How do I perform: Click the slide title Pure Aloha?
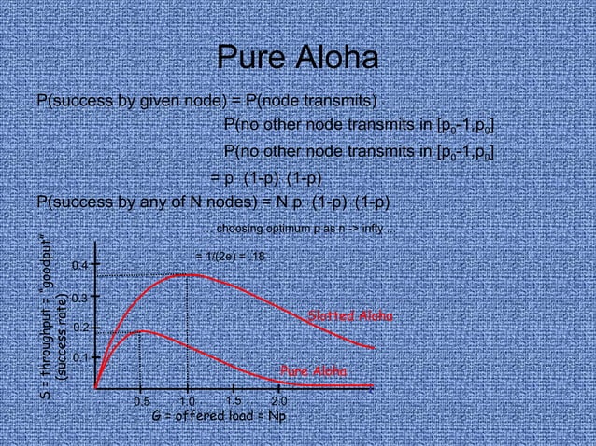tap(297, 59)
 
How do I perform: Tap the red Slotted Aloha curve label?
tap(350, 317)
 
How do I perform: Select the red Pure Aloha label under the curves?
tap(314, 371)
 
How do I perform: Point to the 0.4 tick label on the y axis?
tap(80, 267)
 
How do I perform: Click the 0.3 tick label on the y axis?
tap(80, 298)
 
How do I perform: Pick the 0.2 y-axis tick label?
tap(80, 328)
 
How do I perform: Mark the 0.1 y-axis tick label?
tap(80, 357)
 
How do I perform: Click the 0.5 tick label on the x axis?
tap(141, 401)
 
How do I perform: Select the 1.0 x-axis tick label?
tap(187, 401)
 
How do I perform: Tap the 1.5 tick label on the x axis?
tap(234, 400)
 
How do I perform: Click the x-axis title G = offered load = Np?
tap(219, 416)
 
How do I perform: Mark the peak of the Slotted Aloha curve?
tap(188, 274)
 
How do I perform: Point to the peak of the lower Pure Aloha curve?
tap(140, 330)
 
